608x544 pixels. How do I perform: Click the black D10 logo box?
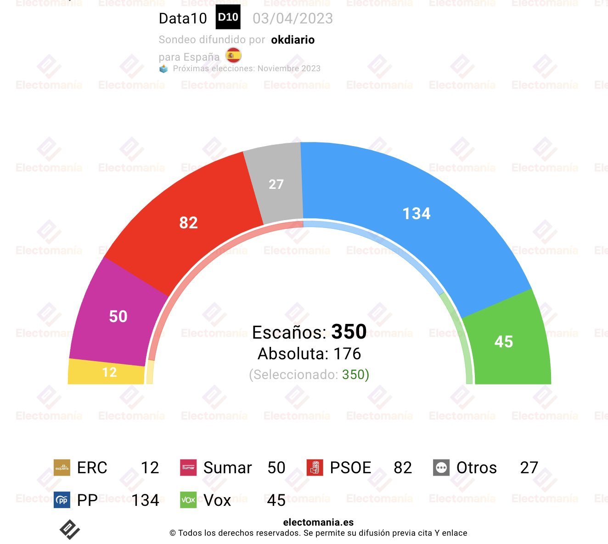(228, 17)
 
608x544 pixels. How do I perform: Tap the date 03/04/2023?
(293, 18)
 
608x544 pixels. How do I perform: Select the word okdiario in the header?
(293, 40)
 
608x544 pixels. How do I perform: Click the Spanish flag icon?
(233, 56)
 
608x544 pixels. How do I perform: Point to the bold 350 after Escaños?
(349, 332)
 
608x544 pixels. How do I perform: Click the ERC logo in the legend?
(62, 468)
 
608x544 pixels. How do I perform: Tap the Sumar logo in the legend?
(188, 468)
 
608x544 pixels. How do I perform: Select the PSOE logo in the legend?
(315, 468)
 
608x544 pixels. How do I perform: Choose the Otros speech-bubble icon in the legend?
(441, 468)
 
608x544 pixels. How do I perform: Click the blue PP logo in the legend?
(62, 500)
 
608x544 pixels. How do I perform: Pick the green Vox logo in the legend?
(188, 500)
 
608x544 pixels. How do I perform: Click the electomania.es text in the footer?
(318, 522)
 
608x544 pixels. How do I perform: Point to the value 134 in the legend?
(145, 500)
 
